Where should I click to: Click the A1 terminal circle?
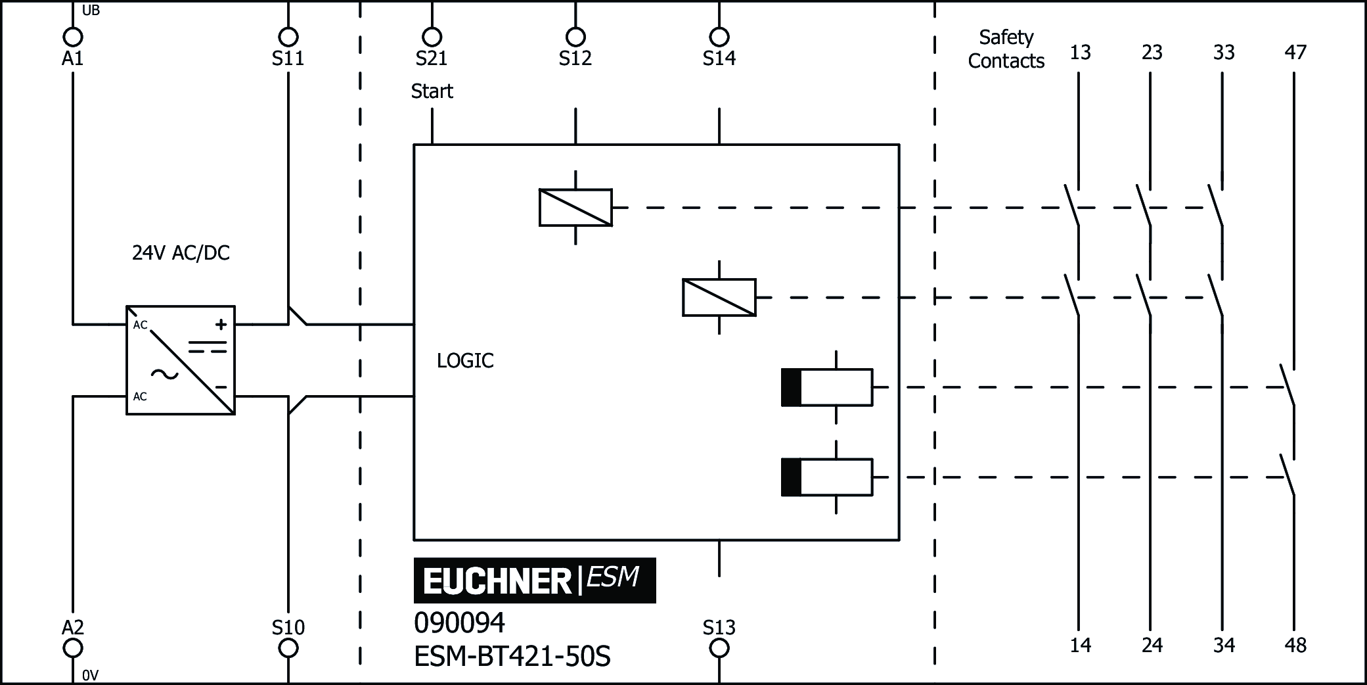72,36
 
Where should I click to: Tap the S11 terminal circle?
288,36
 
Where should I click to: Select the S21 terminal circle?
432,36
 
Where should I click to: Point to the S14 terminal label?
719,59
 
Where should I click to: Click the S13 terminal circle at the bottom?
719,648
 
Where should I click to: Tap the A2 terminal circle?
72,648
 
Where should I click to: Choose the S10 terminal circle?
288,648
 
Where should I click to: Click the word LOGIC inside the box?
465,360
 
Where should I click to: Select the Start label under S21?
432,91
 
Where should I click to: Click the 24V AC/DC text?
181,253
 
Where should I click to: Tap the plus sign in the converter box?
221,324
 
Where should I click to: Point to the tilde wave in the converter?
164,375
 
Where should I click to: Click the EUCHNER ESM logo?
534,580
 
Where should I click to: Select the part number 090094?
459,623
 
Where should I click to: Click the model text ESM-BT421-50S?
512,656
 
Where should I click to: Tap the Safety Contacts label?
1006,49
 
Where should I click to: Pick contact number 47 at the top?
1295,53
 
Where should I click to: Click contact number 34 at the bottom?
1223,645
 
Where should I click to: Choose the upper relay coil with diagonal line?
575,208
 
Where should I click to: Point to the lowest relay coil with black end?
826,477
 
